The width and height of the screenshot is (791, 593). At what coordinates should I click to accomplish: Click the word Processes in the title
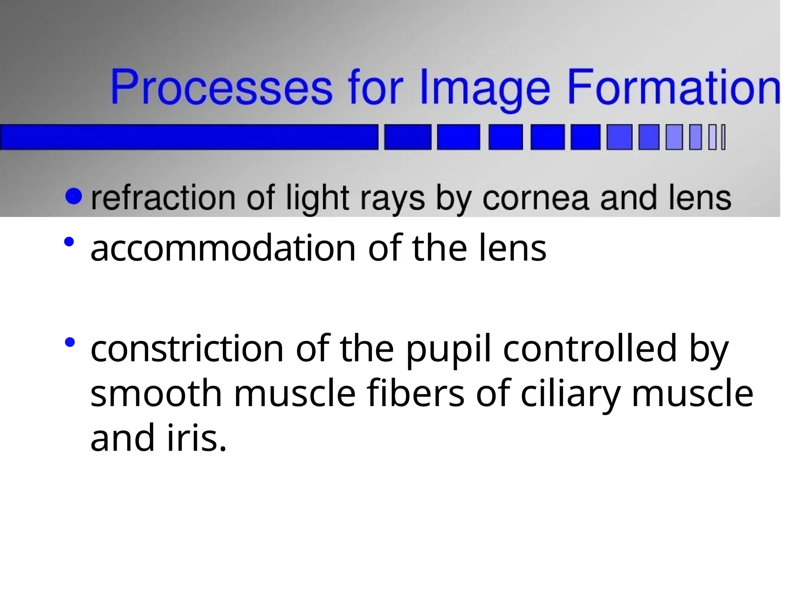221,87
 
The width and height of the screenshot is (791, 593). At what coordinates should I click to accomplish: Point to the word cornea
536,198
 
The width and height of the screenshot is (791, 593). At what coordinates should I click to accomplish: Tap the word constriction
187,349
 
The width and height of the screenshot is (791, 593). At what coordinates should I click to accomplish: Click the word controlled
590,349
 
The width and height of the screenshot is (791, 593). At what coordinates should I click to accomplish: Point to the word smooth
156,393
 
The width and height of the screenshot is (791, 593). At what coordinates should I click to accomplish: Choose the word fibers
416,393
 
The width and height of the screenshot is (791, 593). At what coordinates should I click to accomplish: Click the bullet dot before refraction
74,196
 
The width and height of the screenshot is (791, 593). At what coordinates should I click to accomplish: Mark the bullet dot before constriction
70,342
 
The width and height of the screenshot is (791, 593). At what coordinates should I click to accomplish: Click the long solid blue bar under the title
189,137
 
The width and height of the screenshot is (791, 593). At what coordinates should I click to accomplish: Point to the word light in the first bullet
317,198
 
